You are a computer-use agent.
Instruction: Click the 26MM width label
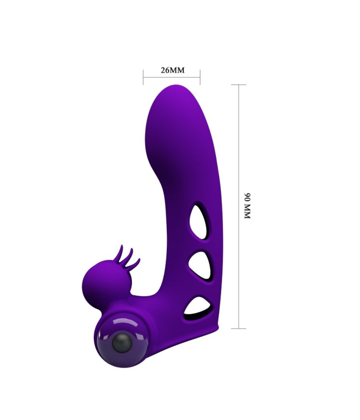click(172, 70)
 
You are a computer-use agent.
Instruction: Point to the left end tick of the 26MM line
click(143, 77)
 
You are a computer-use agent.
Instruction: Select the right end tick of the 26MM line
click(200, 77)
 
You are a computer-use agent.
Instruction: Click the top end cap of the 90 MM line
click(239, 85)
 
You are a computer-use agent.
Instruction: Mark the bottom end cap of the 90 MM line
click(239, 328)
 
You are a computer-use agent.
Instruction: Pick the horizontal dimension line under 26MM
click(172, 77)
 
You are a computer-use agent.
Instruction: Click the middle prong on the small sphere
click(129, 256)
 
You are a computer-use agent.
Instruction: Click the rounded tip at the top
click(176, 90)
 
